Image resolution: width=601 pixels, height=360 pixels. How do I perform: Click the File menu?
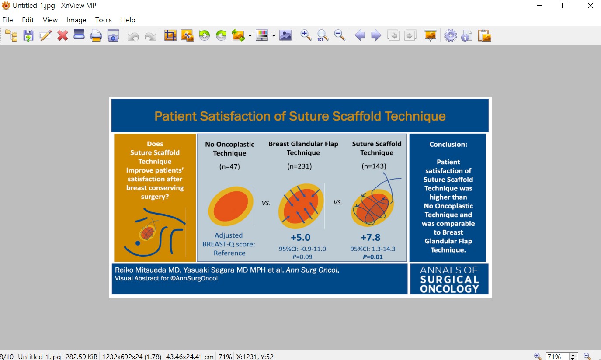coord(7,20)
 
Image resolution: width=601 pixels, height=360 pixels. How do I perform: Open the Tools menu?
coord(103,20)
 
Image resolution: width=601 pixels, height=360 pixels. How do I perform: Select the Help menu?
coord(128,20)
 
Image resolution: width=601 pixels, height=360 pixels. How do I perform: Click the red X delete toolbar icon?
coord(63,35)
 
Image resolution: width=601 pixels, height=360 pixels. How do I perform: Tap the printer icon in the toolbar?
coord(96,35)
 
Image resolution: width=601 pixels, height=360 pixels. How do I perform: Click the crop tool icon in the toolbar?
coord(170,35)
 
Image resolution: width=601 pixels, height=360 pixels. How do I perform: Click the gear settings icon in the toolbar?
coord(451,35)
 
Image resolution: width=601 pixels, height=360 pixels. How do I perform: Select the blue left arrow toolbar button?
coord(360,35)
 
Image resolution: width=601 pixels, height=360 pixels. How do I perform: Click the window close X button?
coord(590,6)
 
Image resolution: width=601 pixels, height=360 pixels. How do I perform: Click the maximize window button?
coord(565,6)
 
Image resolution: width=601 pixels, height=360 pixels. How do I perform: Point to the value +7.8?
coord(371,237)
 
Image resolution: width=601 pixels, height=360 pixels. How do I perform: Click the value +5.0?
coord(301,237)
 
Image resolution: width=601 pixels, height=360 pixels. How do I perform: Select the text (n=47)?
coord(229,166)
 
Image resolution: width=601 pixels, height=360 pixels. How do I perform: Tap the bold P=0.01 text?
coord(373,257)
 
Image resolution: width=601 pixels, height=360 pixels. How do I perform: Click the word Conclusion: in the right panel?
coord(448,144)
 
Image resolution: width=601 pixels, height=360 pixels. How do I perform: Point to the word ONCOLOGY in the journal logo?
coord(449,289)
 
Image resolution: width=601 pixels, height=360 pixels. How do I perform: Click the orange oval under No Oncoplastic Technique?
coord(230,206)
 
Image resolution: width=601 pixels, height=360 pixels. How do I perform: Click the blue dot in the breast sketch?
coord(138,243)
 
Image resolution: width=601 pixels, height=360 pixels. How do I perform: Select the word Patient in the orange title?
coord(175,116)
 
